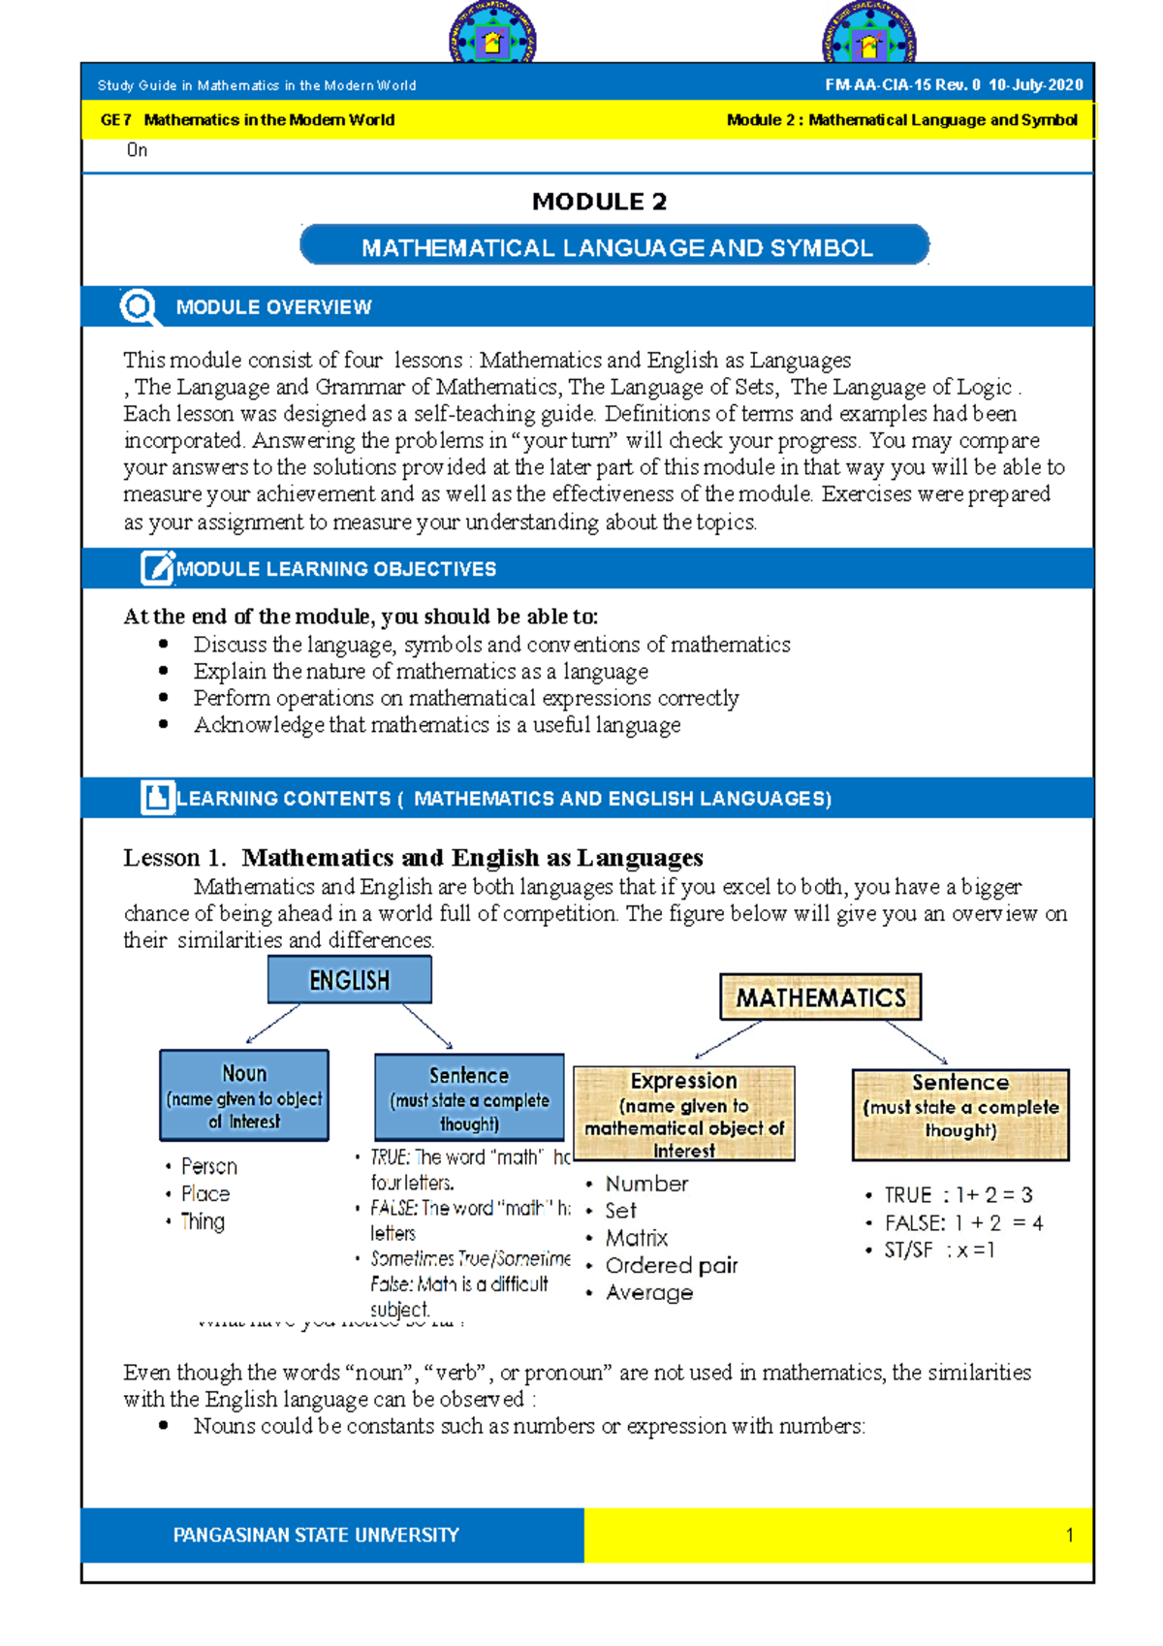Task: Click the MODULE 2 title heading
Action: [599, 202]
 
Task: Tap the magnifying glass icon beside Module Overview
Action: [139, 307]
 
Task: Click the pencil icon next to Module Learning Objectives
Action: [156, 568]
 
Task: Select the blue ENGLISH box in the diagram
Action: [349, 980]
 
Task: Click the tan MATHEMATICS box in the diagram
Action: [820, 997]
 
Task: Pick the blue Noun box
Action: [244, 1095]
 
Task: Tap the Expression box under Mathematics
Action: [684, 1114]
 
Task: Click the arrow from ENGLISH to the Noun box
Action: [273, 1024]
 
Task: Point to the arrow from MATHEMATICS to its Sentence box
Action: [916, 1043]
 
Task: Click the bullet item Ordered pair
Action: [671, 1265]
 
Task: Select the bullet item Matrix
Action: [636, 1238]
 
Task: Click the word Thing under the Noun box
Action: [202, 1221]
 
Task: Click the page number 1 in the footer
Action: [1069, 1535]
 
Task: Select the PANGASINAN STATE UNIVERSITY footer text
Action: [316, 1535]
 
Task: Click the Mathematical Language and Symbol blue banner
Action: [615, 247]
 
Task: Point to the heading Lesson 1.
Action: [174, 858]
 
